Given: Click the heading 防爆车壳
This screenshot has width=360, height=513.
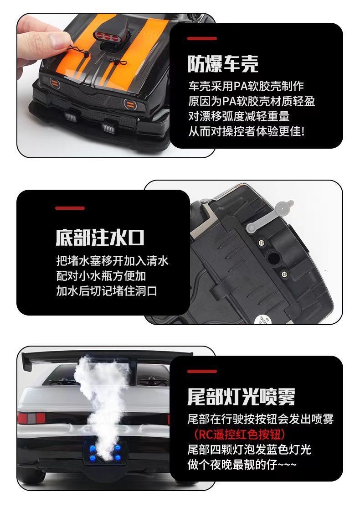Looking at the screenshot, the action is click(x=223, y=63).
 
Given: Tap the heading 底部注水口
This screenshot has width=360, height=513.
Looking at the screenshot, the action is click(x=100, y=237).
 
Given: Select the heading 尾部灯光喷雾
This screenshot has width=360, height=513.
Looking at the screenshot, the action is click(x=242, y=397).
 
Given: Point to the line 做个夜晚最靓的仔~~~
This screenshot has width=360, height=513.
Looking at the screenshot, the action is click(x=242, y=464).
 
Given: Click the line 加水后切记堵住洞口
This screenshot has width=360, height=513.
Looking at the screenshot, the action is click(x=107, y=290).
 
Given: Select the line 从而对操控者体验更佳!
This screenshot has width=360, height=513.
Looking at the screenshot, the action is click(x=247, y=131).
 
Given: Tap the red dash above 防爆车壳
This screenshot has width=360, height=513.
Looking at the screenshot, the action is click(x=202, y=39).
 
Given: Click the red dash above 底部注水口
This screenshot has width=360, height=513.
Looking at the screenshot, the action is click(x=70, y=208).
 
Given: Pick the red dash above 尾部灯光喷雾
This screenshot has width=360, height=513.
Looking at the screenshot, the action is click(x=202, y=371).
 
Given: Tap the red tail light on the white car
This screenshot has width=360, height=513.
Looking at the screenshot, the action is click(x=31, y=418).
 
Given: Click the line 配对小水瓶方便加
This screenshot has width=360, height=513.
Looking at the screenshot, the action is click(x=101, y=276).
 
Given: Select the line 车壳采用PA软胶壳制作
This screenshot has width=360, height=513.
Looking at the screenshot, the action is click(x=246, y=86).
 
